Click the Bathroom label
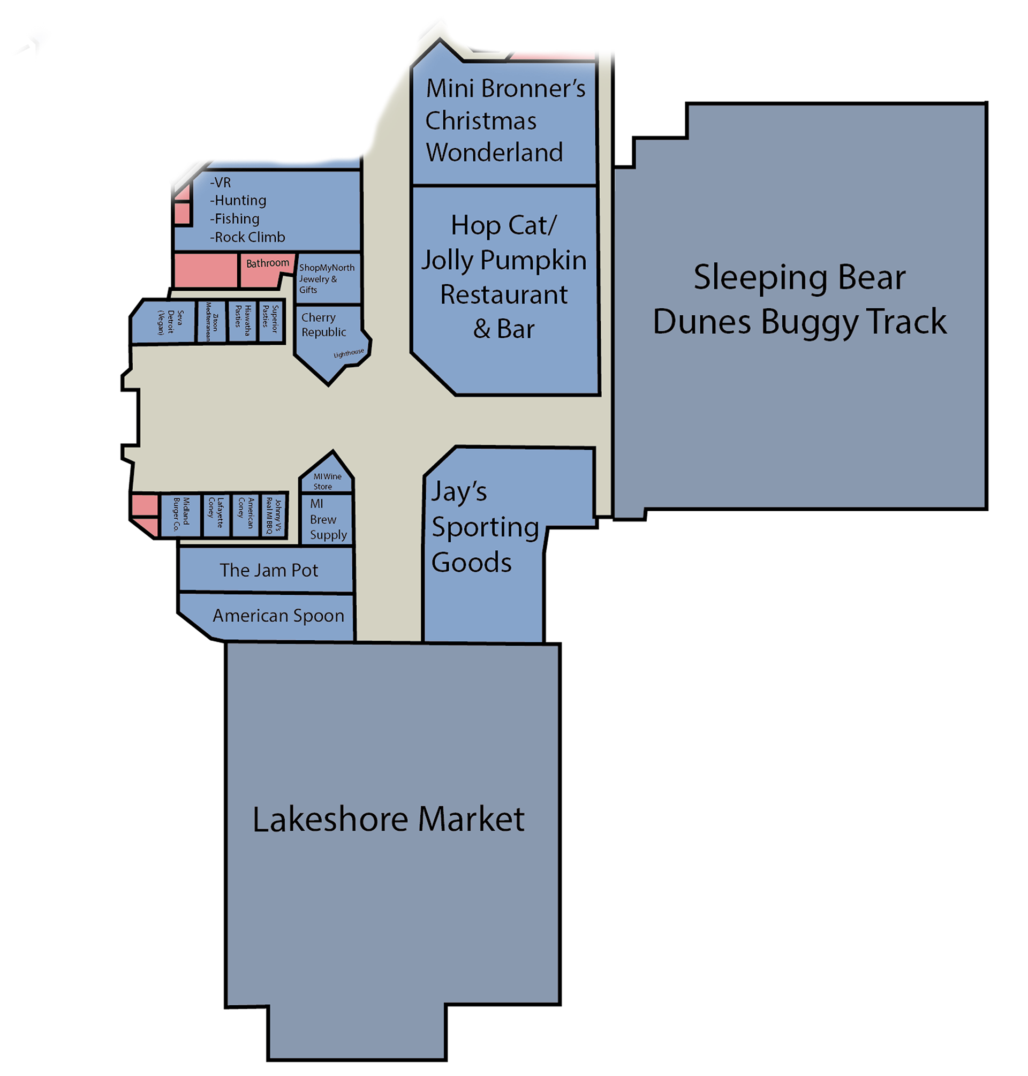(267, 263)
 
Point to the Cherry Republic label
(323, 325)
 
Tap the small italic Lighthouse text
(349, 354)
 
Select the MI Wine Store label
(327, 482)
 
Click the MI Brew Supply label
(327, 519)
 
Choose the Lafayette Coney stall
(216, 515)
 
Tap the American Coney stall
(246, 515)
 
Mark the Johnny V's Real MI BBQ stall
(274, 515)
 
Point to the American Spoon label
(278, 616)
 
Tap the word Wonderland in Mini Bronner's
(494, 153)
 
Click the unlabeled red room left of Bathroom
(206, 270)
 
